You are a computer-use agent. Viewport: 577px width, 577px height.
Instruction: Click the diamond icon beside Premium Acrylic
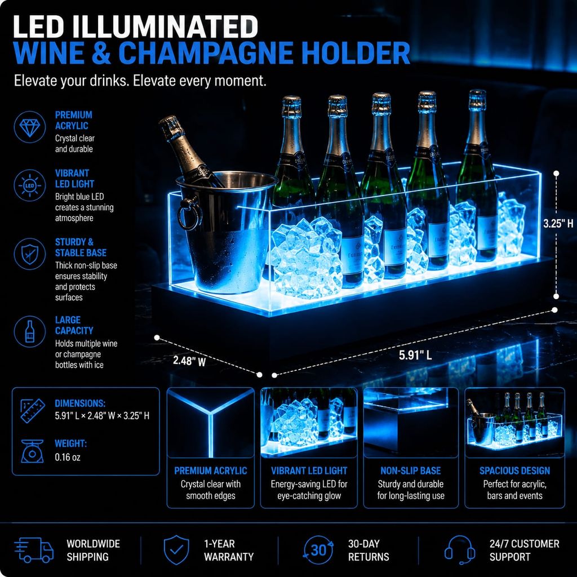point(30,127)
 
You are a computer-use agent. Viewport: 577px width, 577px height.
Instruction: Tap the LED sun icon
point(30,185)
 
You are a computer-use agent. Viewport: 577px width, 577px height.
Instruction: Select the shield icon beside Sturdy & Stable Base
point(30,254)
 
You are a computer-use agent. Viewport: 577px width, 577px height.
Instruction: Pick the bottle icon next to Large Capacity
point(30,331)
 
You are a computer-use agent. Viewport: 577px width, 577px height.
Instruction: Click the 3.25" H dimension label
point(558,223)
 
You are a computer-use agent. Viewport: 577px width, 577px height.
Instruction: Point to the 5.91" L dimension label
point(415,355)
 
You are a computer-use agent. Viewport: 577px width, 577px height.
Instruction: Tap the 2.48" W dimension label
point(189,361)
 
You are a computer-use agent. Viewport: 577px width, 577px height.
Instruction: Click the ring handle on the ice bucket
point(189,214)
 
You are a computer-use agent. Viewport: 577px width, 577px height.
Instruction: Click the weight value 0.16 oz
point(68,457)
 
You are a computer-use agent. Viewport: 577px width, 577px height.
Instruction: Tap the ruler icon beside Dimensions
point(33,411)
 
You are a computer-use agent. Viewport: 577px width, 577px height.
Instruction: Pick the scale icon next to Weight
point(32,451)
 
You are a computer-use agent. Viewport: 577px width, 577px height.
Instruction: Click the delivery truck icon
point(34,550)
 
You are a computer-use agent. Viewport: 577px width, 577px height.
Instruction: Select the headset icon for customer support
point(459,550)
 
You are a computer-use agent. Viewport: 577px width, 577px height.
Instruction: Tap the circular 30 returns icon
point(318,550)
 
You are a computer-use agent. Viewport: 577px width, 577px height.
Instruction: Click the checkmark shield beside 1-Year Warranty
point(176,550)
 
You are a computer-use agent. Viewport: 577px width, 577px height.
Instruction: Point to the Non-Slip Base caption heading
point(411,471)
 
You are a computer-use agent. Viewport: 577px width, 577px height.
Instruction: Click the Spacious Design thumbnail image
point(514,423)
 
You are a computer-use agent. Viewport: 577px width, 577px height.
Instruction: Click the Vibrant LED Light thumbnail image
point(309,423)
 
